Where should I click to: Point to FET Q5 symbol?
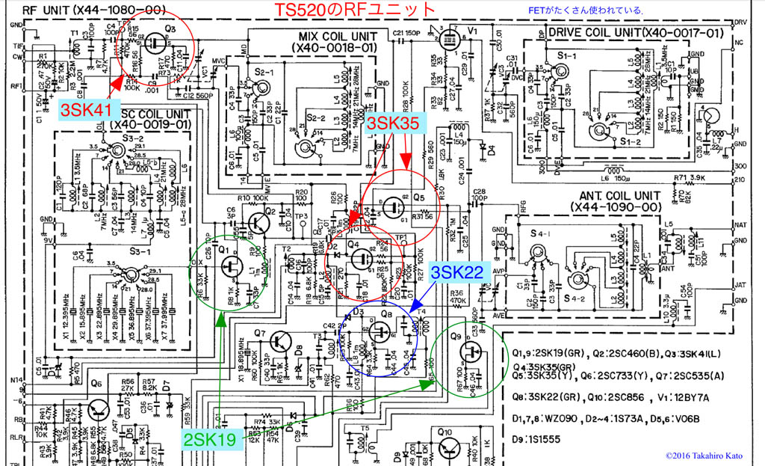click(391, 205)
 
